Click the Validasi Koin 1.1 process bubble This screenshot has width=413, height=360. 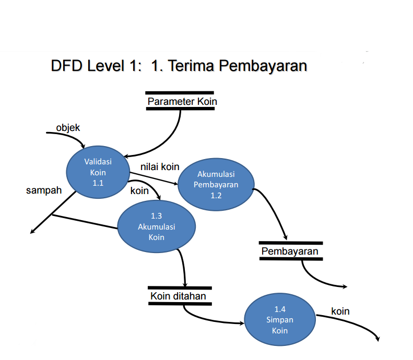(x=98, y=169)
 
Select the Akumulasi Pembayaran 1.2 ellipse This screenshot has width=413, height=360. (x=216, y=184)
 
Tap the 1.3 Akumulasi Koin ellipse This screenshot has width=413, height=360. (x=156, y=227)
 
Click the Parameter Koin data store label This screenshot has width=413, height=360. (x=182, y=101)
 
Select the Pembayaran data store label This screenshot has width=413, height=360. (x=290, y=251)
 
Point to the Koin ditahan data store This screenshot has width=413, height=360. (x=178, y=296)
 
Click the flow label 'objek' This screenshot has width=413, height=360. (x=68, y=127)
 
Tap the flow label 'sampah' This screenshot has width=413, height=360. (x=44, y=190)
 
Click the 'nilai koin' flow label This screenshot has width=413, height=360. (x=160, y=167)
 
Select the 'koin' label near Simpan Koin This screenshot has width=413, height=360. (x=340, y=311)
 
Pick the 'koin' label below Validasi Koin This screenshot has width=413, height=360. (x=139, y=191)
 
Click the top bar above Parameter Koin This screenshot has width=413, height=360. (x=180, y=92)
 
